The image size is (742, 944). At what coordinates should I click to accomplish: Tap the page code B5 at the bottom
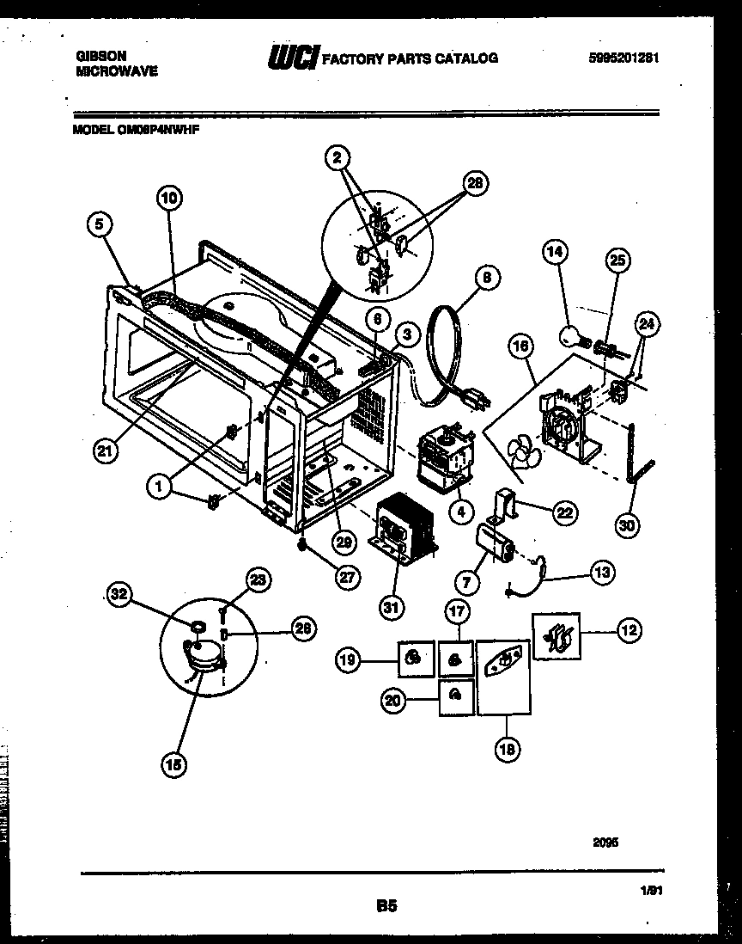[x=386, y=904]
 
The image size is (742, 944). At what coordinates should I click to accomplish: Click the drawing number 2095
[x=605, y=843]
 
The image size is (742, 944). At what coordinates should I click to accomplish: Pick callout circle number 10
[x=169, y=199]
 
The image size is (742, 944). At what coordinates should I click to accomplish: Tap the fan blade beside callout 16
[x=520, y=451]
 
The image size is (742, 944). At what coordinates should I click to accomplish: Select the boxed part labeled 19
[x=415, y=659]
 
